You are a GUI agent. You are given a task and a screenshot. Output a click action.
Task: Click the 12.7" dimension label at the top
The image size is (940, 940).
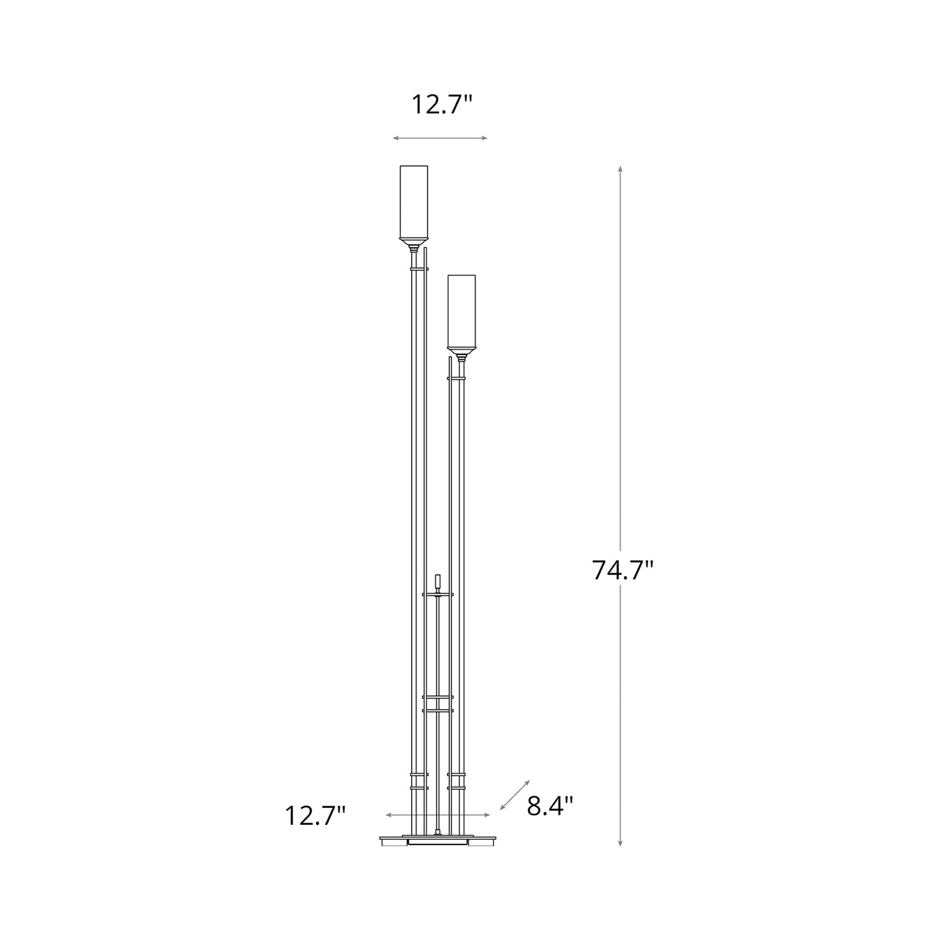tap(440, 104)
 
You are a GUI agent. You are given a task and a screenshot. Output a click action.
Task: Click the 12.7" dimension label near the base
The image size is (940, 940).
tap(315, 815)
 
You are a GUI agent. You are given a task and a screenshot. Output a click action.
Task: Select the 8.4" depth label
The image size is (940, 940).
tap(550, 806)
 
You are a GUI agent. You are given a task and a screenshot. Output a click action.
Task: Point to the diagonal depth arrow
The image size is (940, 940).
tap(515, 795)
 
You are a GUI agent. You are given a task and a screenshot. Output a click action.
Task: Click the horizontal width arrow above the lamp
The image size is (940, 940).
tap(440, 138)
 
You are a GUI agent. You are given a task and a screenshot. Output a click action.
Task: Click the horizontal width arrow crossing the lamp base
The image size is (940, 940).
tap(437, 814)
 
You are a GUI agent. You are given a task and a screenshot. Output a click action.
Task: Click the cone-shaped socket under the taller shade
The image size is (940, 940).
tap(414, 247)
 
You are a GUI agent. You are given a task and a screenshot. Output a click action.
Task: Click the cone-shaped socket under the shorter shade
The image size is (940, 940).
tap(462, 356)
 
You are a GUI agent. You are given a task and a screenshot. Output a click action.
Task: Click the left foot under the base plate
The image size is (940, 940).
tap(392, 843)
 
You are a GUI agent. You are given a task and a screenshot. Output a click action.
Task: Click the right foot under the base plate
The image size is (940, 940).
tap(483, 843)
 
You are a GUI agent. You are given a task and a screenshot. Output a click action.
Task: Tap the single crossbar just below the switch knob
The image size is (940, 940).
tap(438, 594)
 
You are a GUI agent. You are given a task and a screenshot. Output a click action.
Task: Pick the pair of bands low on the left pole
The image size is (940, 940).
tap(419, 781)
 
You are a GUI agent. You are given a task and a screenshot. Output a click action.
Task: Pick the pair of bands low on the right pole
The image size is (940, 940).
tap(457, 781)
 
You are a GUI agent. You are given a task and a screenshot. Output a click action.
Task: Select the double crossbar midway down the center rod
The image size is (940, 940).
tap(437, 703)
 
